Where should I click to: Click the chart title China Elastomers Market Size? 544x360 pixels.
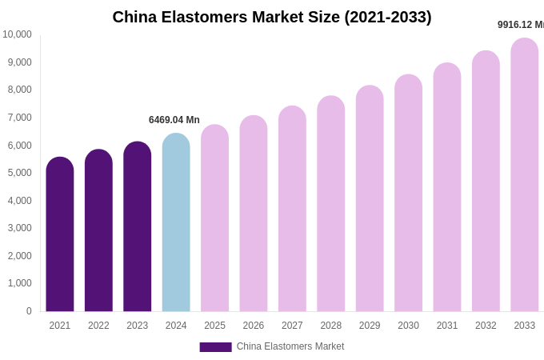tap(272, 17)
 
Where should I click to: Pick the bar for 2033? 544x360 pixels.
tap(525, 175)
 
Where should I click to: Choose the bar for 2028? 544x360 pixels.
tap(331, 204)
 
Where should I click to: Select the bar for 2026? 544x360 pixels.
tap(254, 214)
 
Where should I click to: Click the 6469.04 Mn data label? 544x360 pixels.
tap(174, 120)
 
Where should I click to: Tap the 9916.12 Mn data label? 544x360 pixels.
tap(520, 25)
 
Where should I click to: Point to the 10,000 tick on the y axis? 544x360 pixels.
tap(17, 34)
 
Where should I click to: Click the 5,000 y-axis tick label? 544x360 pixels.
tap(19, 173)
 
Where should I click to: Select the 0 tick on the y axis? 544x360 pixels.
tap(29, 311)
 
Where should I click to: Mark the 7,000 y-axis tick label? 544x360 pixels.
tap(19, 118)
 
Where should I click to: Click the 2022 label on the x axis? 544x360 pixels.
tap(98, 326)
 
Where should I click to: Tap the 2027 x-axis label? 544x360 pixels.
tap(292, 326)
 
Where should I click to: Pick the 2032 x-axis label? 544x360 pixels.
tap(486, 326)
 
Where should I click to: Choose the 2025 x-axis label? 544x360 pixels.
tap(214, 326)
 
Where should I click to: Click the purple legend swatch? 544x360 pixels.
tap(215, 347)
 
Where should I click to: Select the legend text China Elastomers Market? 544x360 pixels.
tap(290, 346)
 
